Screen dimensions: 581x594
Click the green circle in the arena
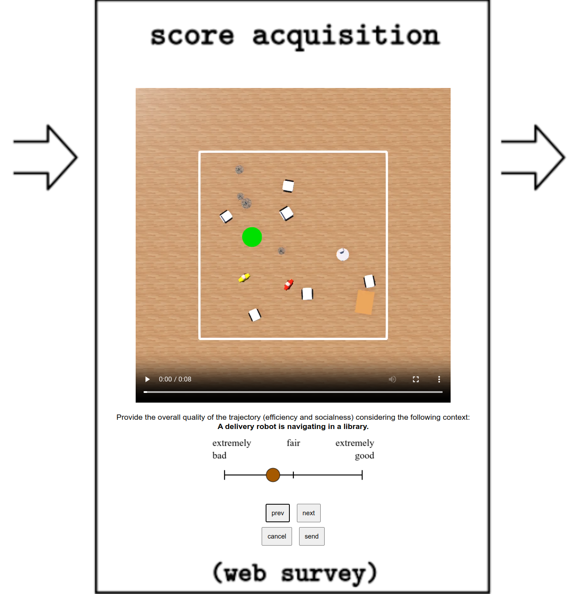[252, 237]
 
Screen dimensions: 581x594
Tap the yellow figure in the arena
[244, 278]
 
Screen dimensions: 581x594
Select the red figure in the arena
[289, 285]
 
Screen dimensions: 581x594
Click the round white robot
[342, 254]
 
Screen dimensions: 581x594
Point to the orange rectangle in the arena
[364, 302]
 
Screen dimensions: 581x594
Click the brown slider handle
[273, 475]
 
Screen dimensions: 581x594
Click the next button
[308, 513]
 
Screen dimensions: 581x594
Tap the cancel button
[277, 536]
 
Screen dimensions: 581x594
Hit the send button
[311, 536]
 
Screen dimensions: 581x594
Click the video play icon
[147, 379]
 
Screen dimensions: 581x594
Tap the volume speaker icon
[392, 379]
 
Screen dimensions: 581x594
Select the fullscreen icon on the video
[416, 379]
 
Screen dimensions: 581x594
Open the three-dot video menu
[439, 379]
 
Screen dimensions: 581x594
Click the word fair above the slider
[293, 443]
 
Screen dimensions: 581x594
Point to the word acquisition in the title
[346, 37]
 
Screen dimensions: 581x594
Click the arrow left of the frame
[45, 157]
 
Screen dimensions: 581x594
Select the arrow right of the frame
[533, 157]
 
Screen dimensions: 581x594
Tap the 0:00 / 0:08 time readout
[175, 379]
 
